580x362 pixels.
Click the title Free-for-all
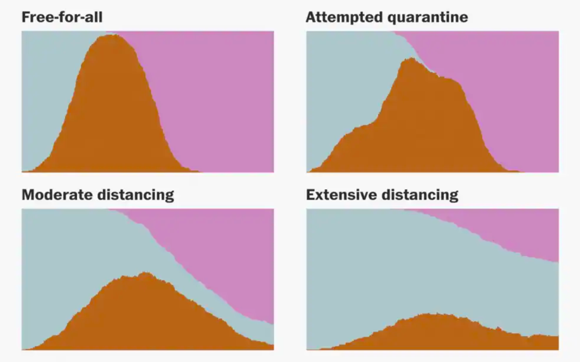(62, 18)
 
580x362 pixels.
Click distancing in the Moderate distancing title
(135, 195)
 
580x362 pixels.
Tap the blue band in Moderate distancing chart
(68, 253)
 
